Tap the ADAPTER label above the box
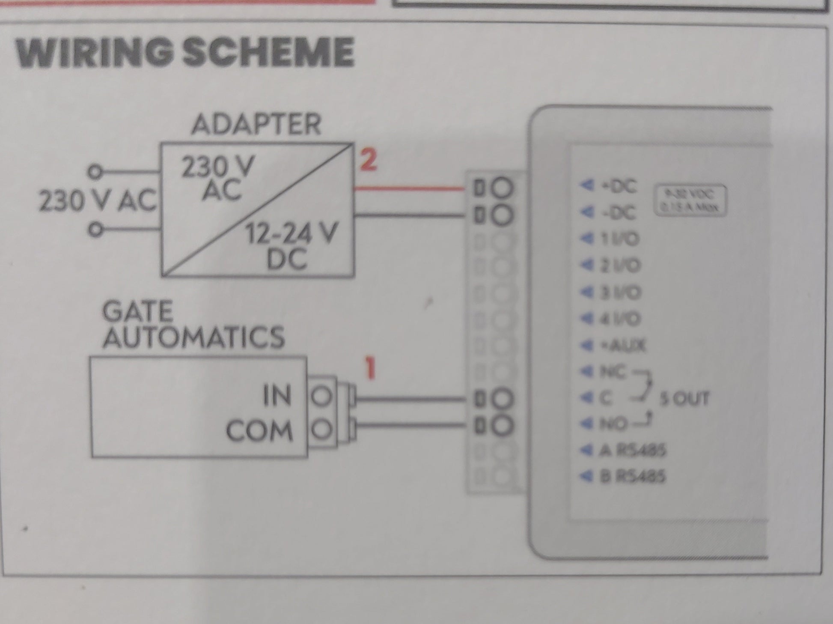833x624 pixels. click(x=256, y=124)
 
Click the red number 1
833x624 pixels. click(x=370, y=369)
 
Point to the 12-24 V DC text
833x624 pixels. click(x=291, y=247)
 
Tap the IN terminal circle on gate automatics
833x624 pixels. click(x=321, y=397)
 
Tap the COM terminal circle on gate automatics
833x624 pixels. click(x=321, y=429)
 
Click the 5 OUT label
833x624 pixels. click(x=684, y=399)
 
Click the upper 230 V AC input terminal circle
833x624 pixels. click(x=95, y=172)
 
